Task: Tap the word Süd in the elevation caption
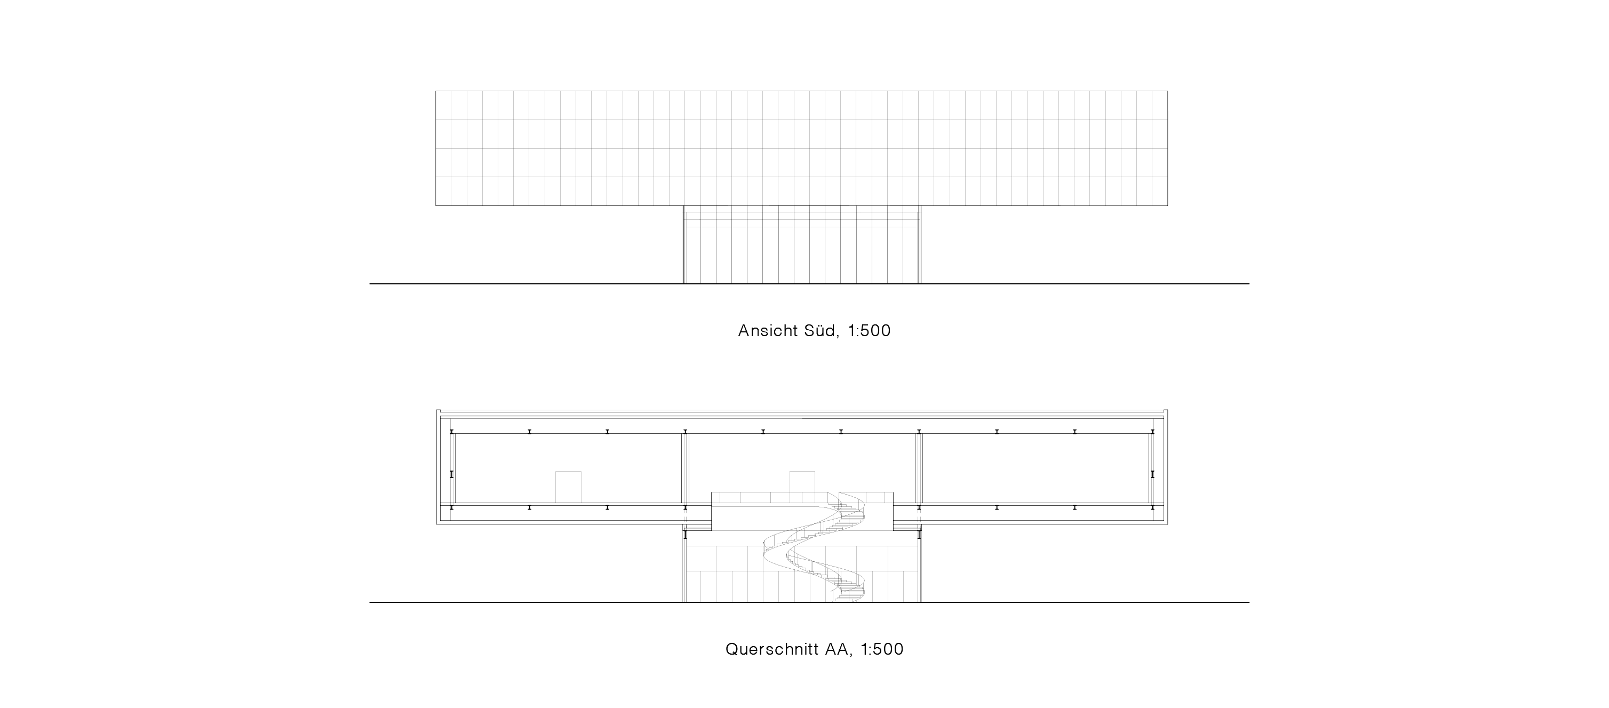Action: pos(819,331)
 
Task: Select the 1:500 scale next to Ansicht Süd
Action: pos(869,331)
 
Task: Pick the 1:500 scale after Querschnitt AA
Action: pos(882,649)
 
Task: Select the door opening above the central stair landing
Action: pos(802,482)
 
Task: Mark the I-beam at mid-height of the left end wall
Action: pos(451,474)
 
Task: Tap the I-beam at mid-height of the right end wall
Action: pos(1152,474)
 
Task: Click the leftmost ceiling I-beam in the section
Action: pos(451,431)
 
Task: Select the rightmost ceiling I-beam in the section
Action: pos(1152,431)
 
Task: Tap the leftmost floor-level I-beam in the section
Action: pos(451,507)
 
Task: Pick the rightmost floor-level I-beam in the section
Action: pos(1152,507)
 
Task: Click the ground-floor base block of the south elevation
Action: pos(802,245)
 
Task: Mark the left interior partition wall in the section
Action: pos(685,468)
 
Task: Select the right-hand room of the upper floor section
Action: pos(1036,468)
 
